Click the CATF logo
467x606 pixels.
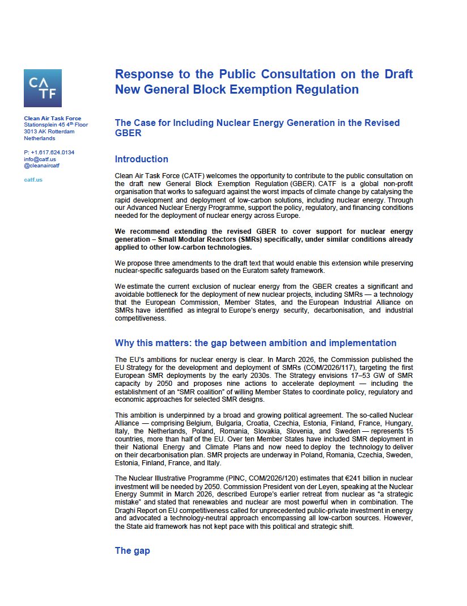click(43, 88)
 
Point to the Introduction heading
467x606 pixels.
click(141, 159)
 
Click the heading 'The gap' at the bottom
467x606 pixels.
click(132, 550)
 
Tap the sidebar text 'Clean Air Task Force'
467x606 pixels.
click(52, 119)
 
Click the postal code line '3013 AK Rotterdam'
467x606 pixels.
click(49, 132)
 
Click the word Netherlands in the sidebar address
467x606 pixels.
click(40, 138)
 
